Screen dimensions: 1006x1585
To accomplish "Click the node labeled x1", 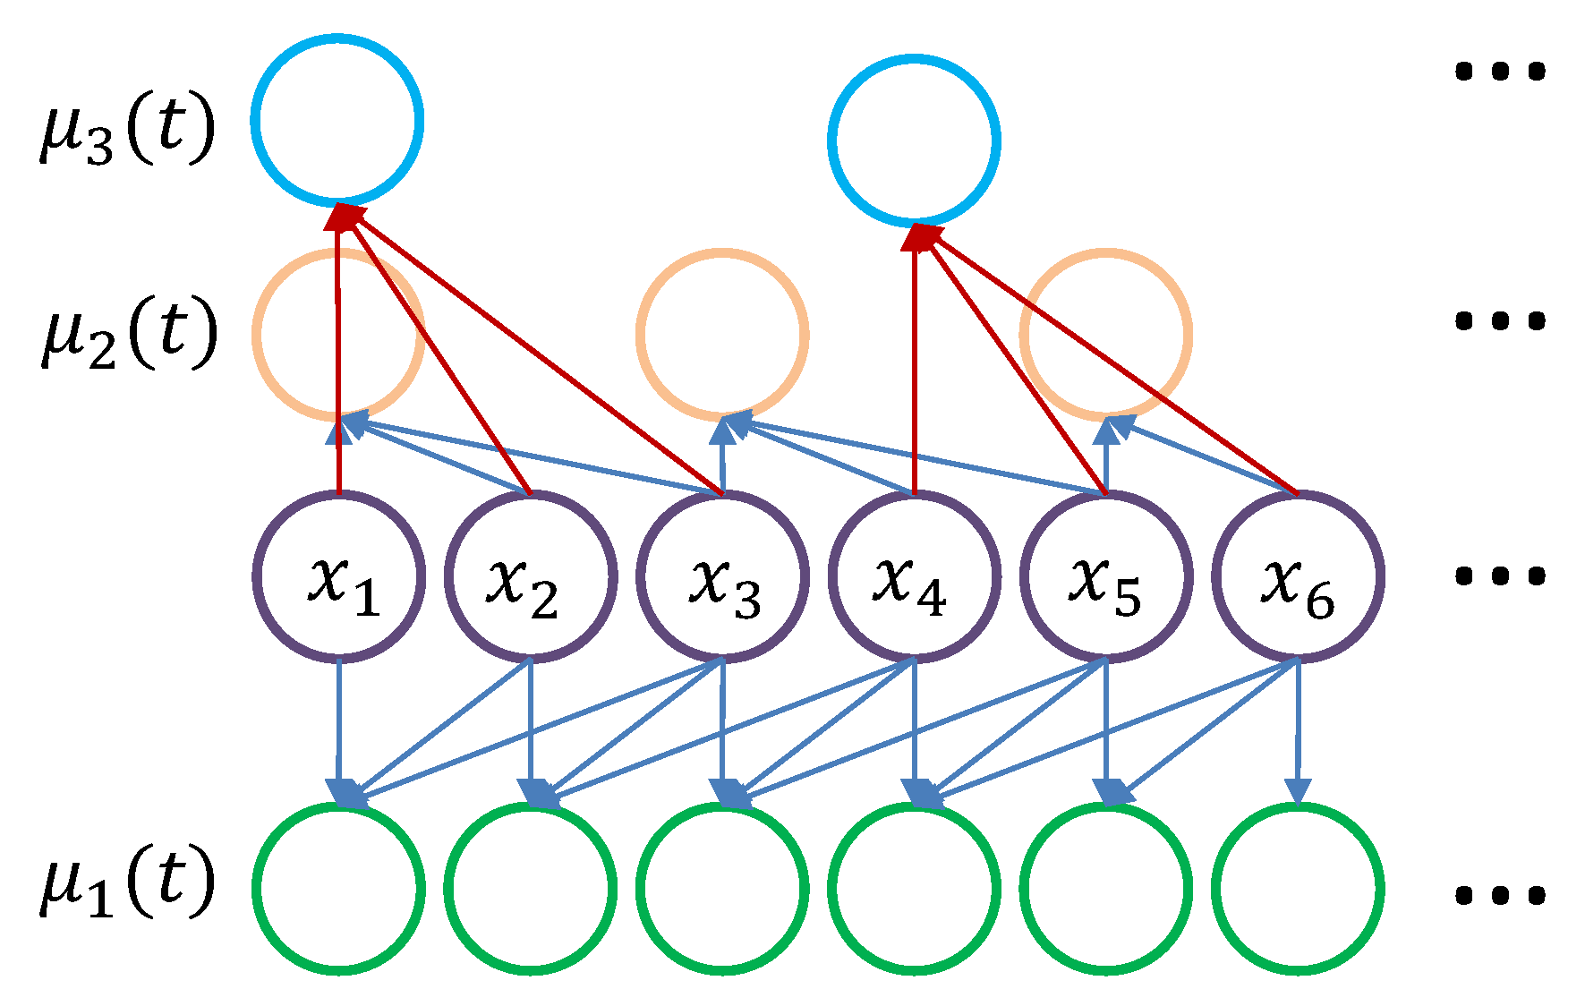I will coord(338,577).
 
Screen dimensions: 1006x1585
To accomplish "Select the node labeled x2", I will coord(531,577).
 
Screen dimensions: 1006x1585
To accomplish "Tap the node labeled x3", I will coord(722,577).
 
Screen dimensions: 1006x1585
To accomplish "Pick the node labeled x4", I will coord(915,577).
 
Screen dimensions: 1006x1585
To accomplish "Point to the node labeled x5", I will coord(1106,577).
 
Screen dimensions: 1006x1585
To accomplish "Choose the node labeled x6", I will coord(1298,577).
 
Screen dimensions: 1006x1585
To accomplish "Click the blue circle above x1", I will coord(337,120).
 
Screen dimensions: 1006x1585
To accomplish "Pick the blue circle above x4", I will coord(914,141).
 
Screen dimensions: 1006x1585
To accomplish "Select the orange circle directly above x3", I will coord(722,334).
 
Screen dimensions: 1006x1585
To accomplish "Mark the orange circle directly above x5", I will coord(1106,334).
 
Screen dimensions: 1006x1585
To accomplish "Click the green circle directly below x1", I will coord(338,888).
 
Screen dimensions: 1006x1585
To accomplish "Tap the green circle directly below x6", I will coord(1298,888).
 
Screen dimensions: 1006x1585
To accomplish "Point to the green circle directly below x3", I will coord(722,888).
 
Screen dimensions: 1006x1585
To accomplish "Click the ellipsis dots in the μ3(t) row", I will coord(1500,71).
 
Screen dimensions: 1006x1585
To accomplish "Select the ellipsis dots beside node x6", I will coord(1500,575).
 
